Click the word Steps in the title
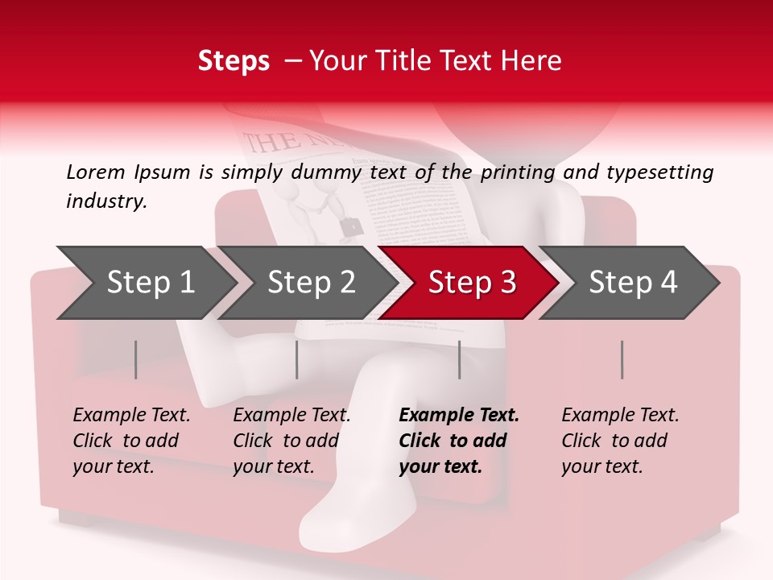click(234, 61)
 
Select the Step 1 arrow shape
click(149, 283)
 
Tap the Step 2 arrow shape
click(310, 283)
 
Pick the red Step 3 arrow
click(471, 283)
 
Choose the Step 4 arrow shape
click(632, 283)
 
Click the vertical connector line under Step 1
click(136, 359)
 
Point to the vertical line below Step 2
click(297, 359)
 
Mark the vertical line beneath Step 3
click(460, 359)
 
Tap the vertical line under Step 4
click(622, 359)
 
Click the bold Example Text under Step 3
click(459, 441)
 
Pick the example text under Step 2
click(291, 441)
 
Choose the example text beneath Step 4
click(620, 441)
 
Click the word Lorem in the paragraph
click(96, 172)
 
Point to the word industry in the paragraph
click(105, 201)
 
